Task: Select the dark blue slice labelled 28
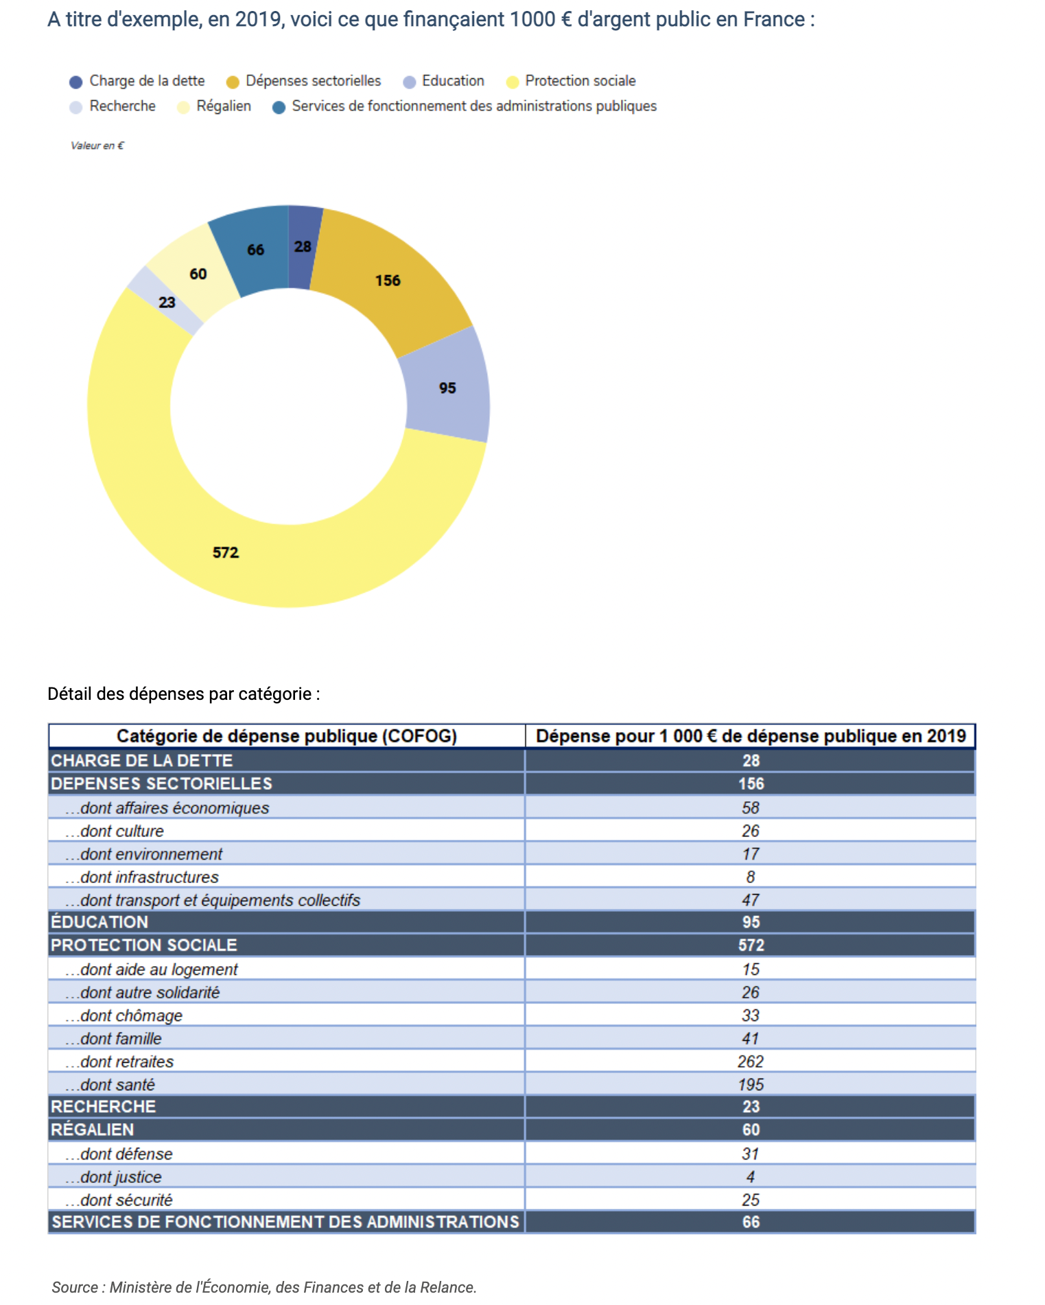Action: [x=304, y=247]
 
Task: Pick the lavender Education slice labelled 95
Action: [x=447, y=388]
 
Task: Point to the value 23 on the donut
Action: [x=167, y=303]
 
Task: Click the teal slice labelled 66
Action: [x=255, y=250]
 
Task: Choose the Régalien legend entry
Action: [x=214, y=106]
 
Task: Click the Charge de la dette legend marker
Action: [x=76, y=82]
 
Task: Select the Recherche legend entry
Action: [x=113, y=106]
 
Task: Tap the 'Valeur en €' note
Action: [x=97, y=145]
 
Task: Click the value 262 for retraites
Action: [x=751, y=1061]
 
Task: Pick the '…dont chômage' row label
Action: [x=124, y=1015]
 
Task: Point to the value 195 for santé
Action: [x=751, y=1085]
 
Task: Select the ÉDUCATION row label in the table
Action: [x=99, y=922]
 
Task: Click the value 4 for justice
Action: [x=751, y=1177]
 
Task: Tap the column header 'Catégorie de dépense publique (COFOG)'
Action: [x=287, y=736]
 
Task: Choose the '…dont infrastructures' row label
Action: [x=142, y=877]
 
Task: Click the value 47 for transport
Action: [x=751, y=900]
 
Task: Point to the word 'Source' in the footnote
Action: [x=75, y=1287]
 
